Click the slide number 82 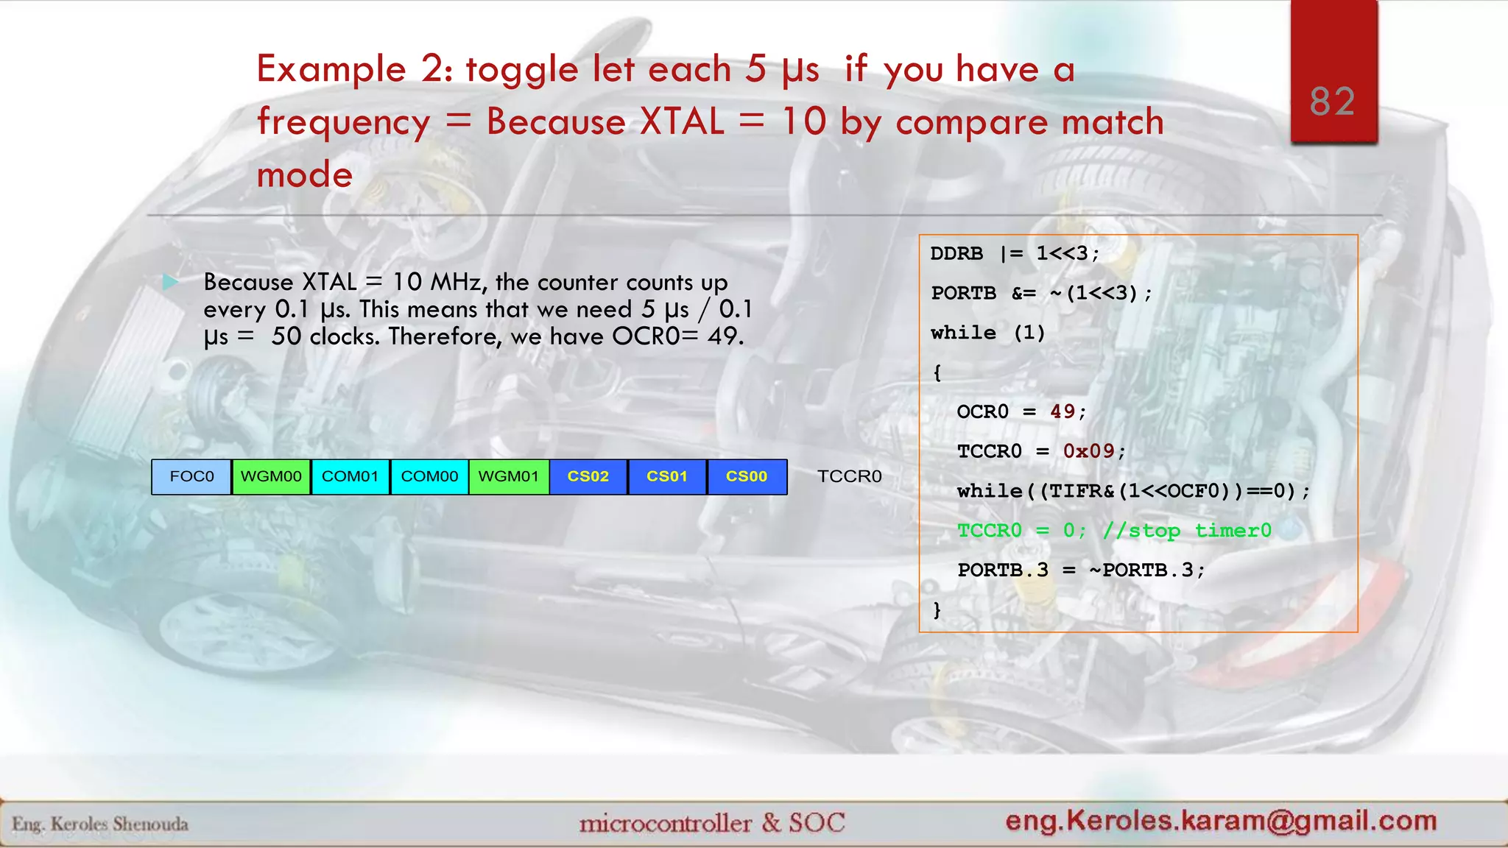pos(1332,102)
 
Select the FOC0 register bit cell pos(191,476)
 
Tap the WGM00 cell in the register pos(271,476)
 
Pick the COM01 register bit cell pos(350,476)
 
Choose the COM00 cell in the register pos(429,476)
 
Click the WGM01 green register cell pos(509,476)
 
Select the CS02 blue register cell pos(588,476)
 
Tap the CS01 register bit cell pos(667,476)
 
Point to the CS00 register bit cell pos(747,476)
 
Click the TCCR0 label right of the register pos(849,476)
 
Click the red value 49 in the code pos(1063,411)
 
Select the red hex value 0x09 pos(1088,451)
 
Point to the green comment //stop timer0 pos(1187,531)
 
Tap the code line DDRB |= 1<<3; pos(1015,254)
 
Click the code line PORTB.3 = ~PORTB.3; pos(1080,570)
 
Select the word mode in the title pos(304,175)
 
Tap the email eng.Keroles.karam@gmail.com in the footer pos(1221,820)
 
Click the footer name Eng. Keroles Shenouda pos(100,824)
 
